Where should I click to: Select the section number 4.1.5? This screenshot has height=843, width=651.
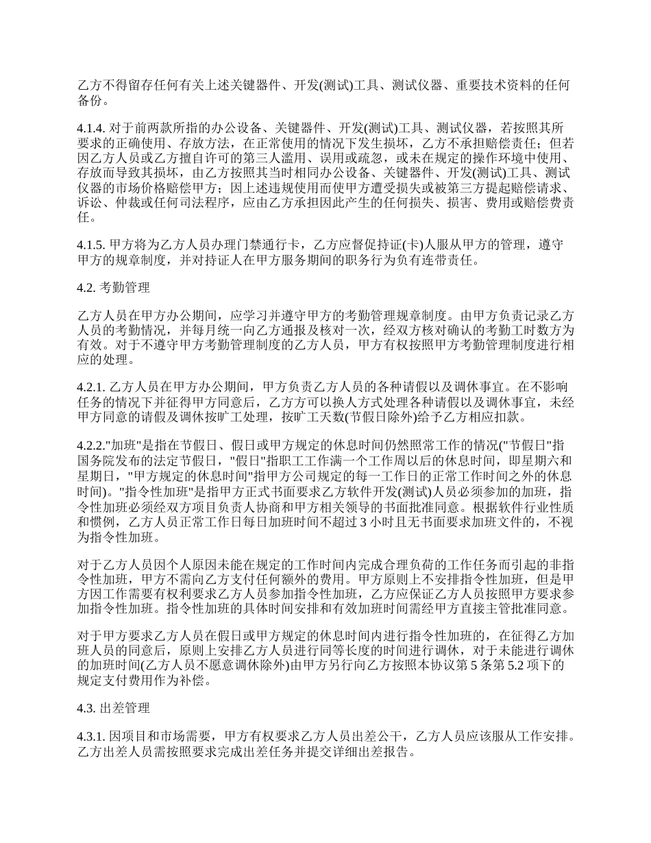click(x=91, y=246)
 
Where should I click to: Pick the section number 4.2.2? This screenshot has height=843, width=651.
click(x=91, y=443)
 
